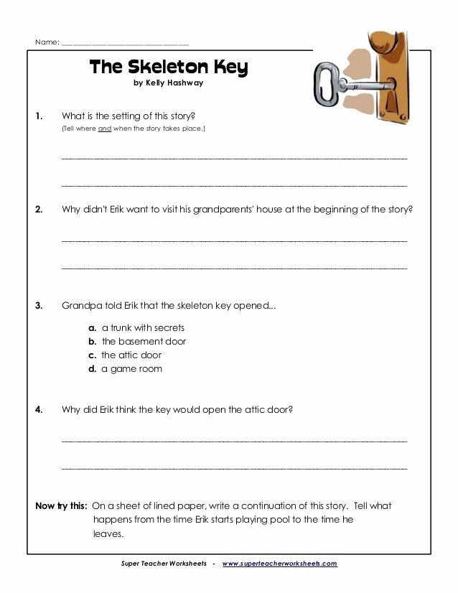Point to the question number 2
tap(40, 210)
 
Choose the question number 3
tap(40, 306)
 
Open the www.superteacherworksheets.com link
tap(280, 564)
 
